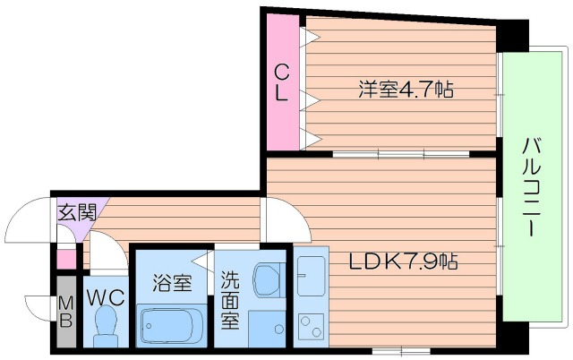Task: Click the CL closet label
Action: click(281, 81)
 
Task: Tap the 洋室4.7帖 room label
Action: click(405, 90)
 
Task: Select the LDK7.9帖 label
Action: click(403, 262)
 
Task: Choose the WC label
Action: click(105, 295)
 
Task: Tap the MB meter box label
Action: click(65, 313)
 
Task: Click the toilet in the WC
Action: click(107, 323)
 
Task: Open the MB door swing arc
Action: click(38, 306)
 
